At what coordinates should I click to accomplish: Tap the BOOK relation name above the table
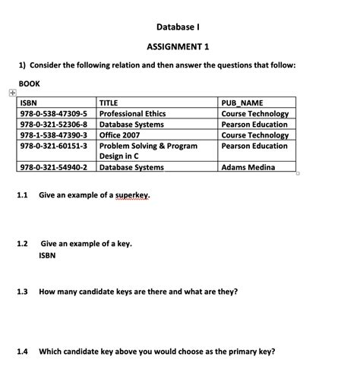pyautogui.click(x=29, y=84)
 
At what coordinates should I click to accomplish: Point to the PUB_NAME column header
pyautogui.click(x=241, y=103)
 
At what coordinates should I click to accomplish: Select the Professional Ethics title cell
pyautogui.click(x=132, y=113)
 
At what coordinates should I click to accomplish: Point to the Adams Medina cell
pyautogui.click(x=249, y=167)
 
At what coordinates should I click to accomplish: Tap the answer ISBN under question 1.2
pyautogui.click(x=47, y=256)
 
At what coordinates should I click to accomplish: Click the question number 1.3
pyautogui.click(x=22, y=291)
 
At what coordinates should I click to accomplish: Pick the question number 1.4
pyautogui.click(x=22, y=352)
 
